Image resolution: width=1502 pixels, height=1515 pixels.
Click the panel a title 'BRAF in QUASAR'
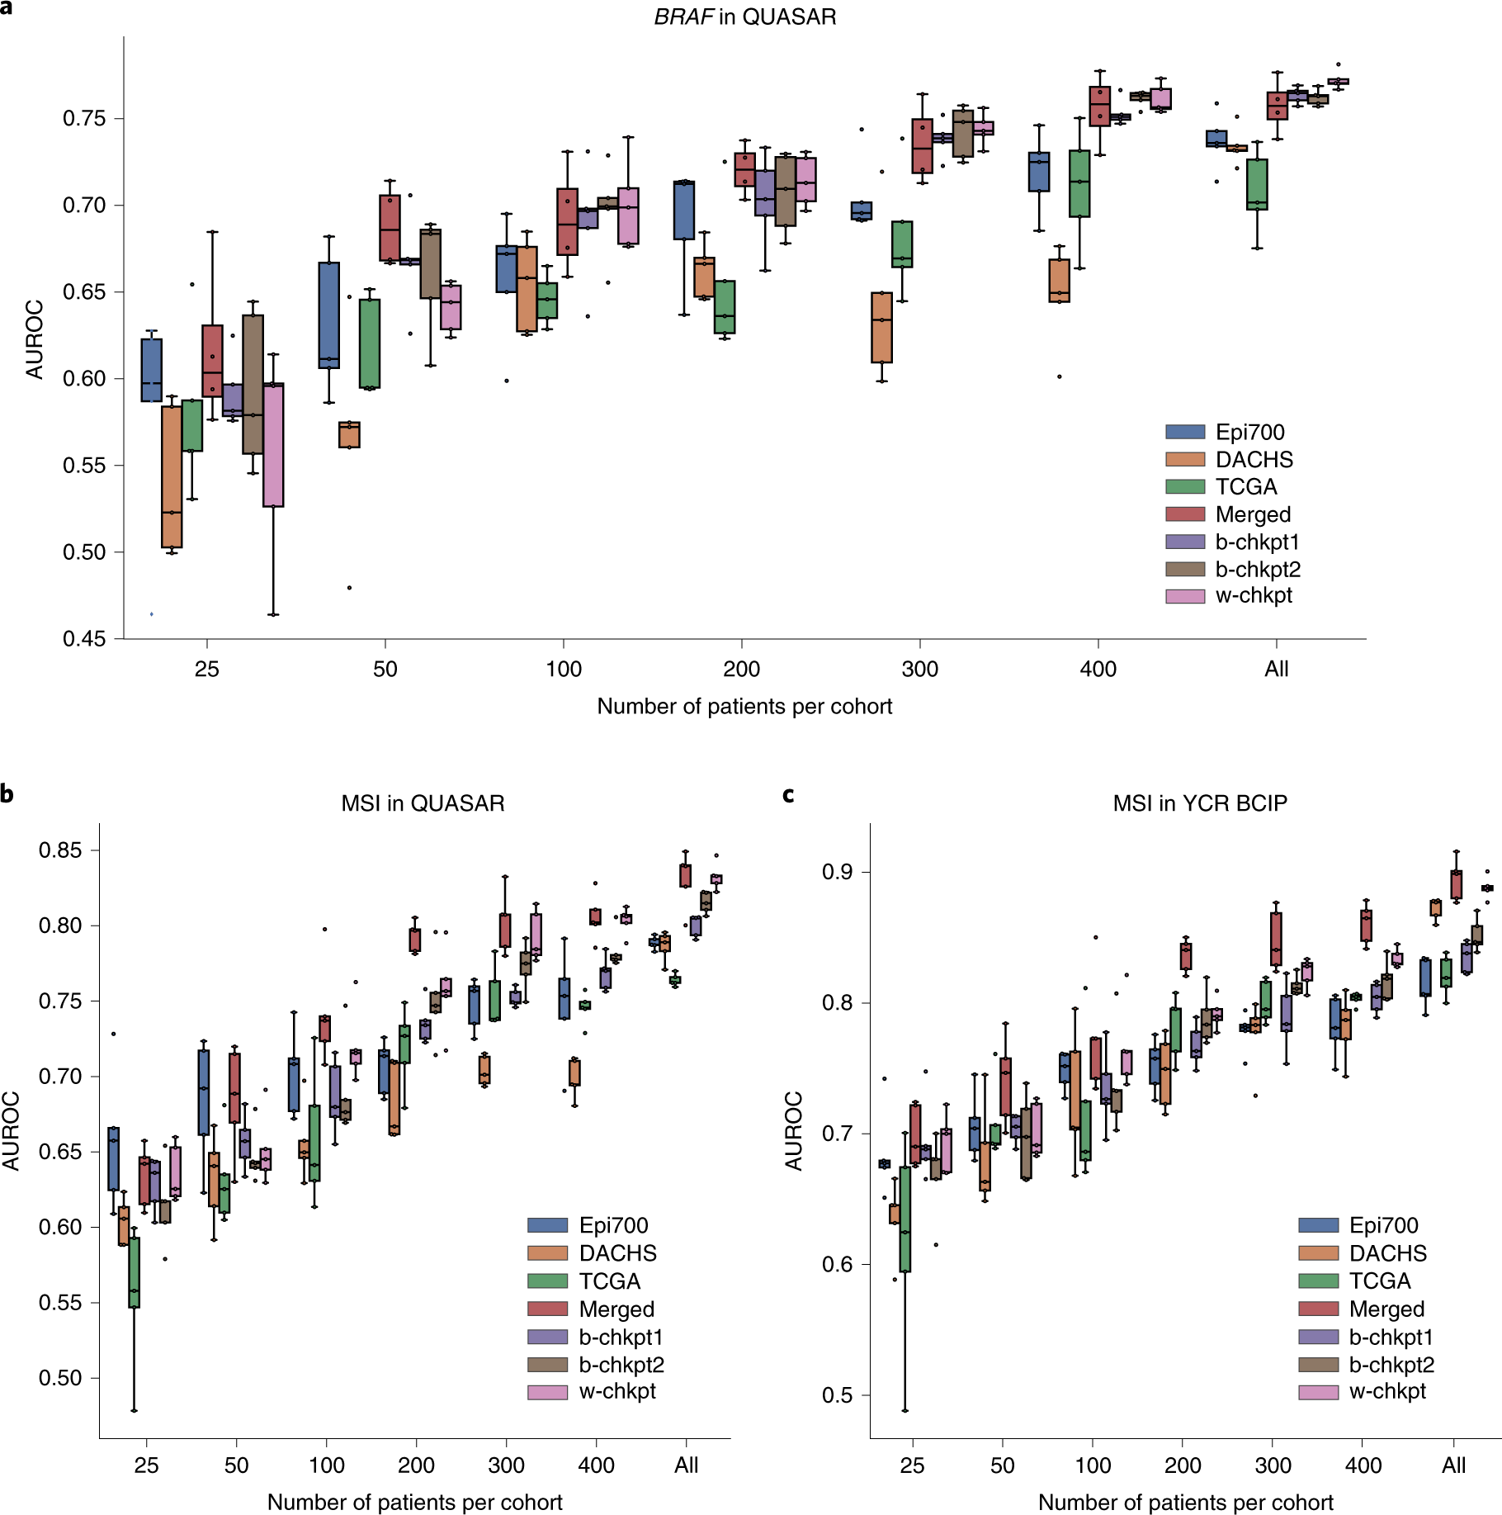[x=744, y=17]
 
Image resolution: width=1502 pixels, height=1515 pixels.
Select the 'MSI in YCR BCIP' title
[x=1200, y=803]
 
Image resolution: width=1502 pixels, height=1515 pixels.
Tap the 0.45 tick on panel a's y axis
[x=84, y=639]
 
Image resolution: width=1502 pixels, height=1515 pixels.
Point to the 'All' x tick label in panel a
[x=1276, y=670]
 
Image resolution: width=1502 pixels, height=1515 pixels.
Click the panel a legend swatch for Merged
[x=1185, y=514]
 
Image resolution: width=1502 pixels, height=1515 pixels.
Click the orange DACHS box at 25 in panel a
[x=172, y=476]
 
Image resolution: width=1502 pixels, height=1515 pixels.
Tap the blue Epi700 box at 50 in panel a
[x=328, y=315]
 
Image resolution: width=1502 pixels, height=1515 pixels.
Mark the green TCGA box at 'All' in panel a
[x=1257, y=184]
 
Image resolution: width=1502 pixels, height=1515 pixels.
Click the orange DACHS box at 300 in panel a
[x=881, y=328]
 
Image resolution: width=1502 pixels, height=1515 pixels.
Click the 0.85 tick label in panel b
[x=61, y=850]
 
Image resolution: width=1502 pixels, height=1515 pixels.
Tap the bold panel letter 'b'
[x=7, y=794]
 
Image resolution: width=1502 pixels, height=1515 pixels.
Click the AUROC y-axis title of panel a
[x=35, y=339]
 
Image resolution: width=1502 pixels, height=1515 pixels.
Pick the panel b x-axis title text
[x=414, y=1502]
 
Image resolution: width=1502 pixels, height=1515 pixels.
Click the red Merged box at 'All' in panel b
[x=685, y=875]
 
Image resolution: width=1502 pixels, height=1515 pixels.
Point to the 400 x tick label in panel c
[x=1363, y=1465]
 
